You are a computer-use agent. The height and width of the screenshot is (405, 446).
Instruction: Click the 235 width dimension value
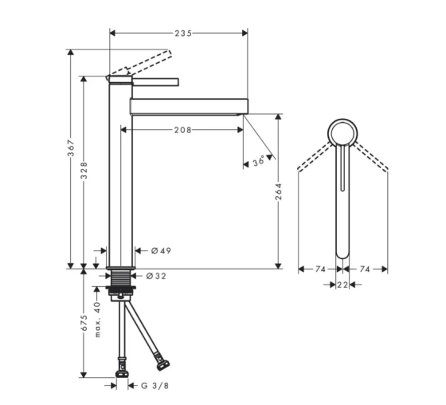point(183,33)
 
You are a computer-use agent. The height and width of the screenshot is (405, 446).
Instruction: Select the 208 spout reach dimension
point(182,130)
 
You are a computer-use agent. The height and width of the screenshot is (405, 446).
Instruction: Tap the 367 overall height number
point(71,148)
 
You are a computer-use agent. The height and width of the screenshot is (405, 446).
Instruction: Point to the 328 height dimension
point(84,171)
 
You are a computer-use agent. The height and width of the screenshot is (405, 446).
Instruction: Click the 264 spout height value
point(279,191)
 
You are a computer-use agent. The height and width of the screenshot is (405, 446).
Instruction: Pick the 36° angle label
point(259,162)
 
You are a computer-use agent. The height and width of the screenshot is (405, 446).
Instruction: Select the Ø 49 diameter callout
point(161,250)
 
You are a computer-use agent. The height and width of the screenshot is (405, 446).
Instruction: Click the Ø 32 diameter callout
point(156,276)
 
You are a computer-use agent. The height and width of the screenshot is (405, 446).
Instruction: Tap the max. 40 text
point(97,320)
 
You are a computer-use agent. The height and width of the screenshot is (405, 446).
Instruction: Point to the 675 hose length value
point(84,323)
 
